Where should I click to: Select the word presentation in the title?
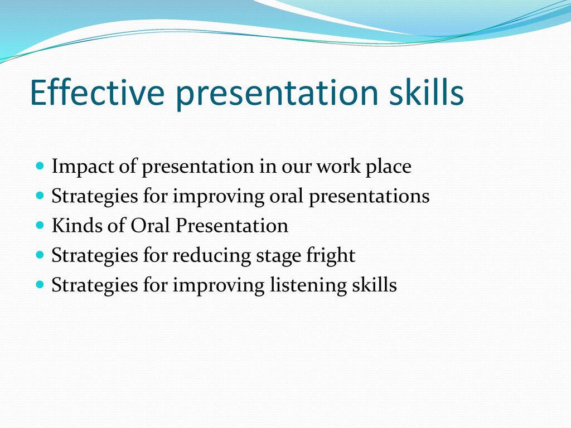tap(277, 94)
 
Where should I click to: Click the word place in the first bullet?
tap(389, 167)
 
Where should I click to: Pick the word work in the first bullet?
tap(338, 166)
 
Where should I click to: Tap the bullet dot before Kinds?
tap(40, 225)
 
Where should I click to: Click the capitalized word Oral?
tap(151, 225)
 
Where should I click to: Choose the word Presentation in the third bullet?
tap(232, 225)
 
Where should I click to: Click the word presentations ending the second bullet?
tap(369, 197)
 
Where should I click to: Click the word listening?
tap(308, 285)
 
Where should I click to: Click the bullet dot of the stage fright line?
tap(40, 255)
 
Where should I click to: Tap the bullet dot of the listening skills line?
tap(40, 284)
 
